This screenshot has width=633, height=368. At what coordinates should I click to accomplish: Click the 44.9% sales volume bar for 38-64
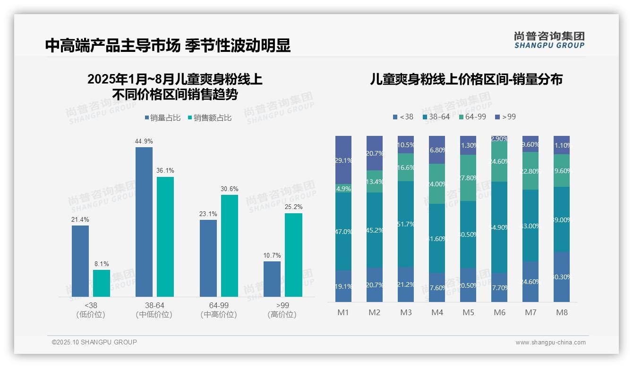pos(144,222)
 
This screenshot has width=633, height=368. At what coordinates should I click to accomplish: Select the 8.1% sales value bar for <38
pos(102,283)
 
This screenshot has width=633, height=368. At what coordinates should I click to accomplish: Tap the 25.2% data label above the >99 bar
pos(293,207)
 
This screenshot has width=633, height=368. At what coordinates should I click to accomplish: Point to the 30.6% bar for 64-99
pos(230,245)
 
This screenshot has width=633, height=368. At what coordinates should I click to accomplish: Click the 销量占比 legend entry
pos(163,118)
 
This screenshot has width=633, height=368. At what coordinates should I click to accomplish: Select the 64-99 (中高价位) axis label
pos(219,310)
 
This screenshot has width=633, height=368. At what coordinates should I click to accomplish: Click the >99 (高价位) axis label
pos(282,310)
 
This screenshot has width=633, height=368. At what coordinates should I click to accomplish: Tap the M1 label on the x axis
pos(343,312)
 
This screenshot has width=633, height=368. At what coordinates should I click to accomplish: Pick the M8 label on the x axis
pos(562,312)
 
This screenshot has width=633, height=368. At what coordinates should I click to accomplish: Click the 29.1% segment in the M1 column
pos(343,160)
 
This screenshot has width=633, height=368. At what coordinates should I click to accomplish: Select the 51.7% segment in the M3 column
pos(406,224)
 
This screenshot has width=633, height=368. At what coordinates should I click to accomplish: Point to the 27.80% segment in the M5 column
pos(468,178)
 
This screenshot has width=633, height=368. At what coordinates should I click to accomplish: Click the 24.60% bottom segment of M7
pos(530,282)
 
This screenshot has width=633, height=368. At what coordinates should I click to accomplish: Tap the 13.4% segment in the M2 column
pos(375,182)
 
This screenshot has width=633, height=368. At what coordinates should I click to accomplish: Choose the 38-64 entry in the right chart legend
pos(436,117)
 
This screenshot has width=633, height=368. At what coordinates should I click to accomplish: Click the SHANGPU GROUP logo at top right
pos(549,40)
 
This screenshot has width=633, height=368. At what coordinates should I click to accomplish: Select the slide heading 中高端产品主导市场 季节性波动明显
pos(168,45)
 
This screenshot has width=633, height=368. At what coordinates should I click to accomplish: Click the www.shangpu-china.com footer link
pos(550,343)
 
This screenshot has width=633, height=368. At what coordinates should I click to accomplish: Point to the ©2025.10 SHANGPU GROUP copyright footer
pos(94,342)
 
